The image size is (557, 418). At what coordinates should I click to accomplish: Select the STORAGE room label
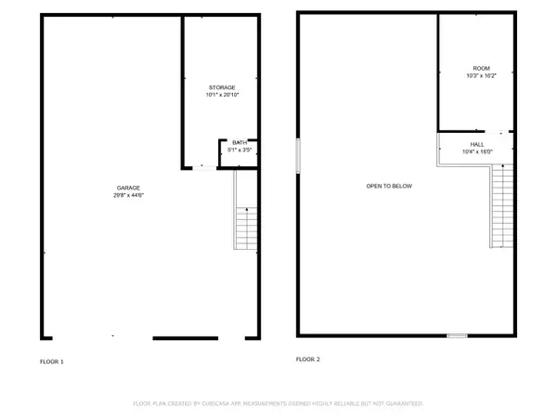[222, 87]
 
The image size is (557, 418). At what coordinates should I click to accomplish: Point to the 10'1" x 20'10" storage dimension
[222, 95]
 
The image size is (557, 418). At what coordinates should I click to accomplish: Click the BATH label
[239, 142]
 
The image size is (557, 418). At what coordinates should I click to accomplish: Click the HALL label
[477, 144]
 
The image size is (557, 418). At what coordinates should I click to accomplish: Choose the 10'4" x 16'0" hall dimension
[477, 151]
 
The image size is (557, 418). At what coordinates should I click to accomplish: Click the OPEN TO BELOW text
[389, 186]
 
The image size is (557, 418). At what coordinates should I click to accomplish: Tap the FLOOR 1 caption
[51, 359]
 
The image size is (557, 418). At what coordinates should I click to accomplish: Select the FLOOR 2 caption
[307, 359]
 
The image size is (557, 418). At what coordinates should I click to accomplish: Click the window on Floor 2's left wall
[298, 155]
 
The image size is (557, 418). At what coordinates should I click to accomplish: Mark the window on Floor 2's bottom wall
[457, 335]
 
